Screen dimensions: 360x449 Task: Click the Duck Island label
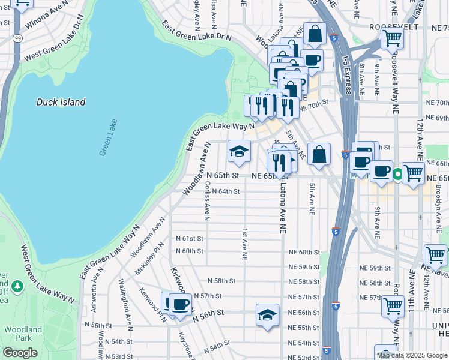pyautogui.click(x=61, y=102)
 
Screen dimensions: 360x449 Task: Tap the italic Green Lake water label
pyautogui.click(x=109, y=138)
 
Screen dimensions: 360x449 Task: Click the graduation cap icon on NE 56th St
pyautogui.click(x=267, y=315)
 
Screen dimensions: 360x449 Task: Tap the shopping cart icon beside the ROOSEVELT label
pyautogui.click(x=392, y=38)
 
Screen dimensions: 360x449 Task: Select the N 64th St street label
pyautogui.click(x=226, y=191)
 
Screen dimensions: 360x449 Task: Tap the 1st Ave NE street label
pyautogui.click(x=244, y=244)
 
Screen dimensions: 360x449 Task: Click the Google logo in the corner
pyautogui.click(x=20, y=353)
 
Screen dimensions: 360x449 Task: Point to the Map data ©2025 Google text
pyautogui.click(x=411, y=355)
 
